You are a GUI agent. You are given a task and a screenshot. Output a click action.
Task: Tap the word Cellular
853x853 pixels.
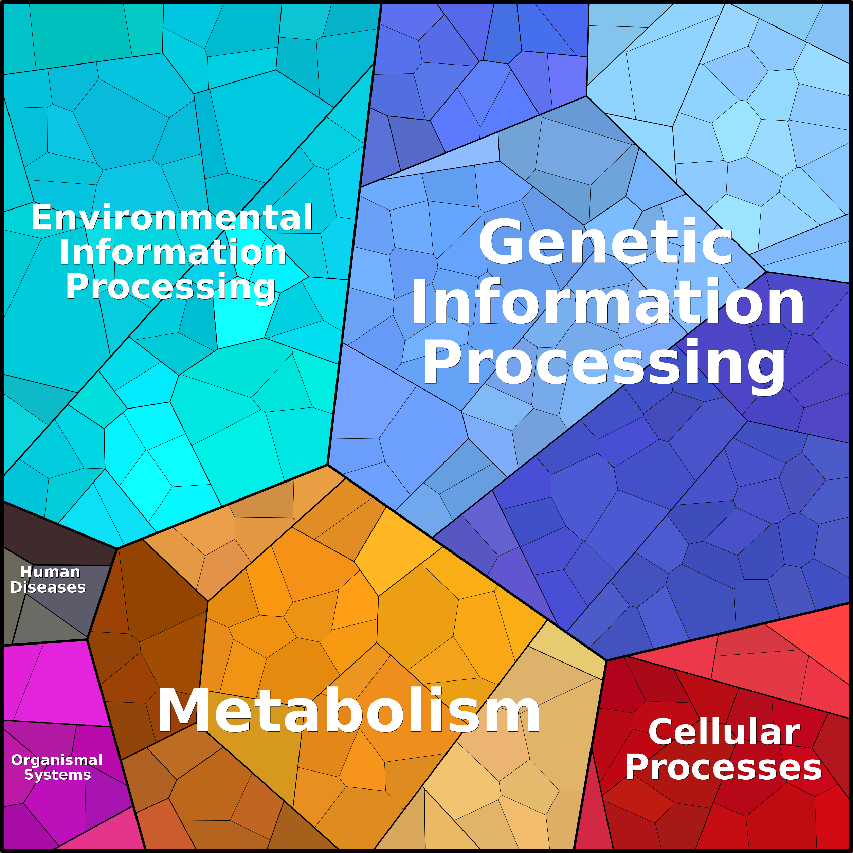pyautogui.click(x=724, y=731)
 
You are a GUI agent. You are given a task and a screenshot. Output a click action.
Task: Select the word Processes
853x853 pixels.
pyautogui.click(x=723, y=767)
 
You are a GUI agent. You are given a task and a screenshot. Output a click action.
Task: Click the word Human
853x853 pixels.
pyautogui.click(x=50, y=572)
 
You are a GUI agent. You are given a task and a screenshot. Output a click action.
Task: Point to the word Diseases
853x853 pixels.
pyautogui.click(x=48, y=587)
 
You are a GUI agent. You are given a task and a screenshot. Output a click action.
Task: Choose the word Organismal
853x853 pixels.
pyautogui.click(x=57, y=760)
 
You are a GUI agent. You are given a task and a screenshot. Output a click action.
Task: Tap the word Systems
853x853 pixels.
pyautogui.click(x=57, y=775)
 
